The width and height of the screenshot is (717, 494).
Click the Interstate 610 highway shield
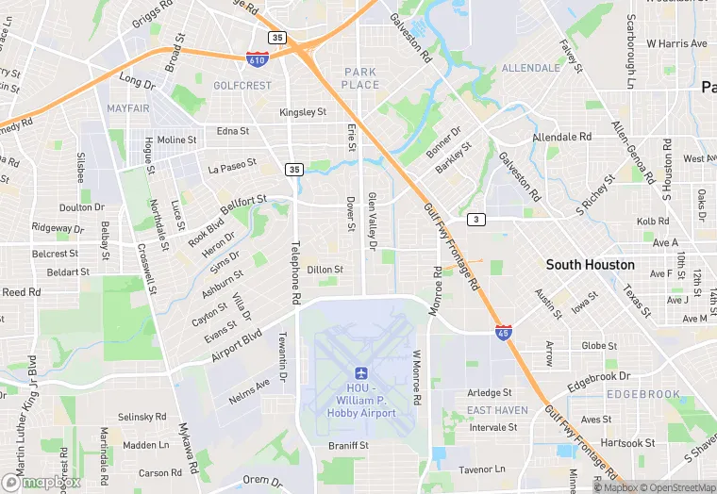(256, 58)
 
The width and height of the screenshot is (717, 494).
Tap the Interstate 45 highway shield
(504, 332)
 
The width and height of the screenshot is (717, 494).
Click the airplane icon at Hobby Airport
(360, 375)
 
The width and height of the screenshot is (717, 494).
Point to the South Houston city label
(590, 265)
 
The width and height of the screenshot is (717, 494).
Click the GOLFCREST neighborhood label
(242, 86)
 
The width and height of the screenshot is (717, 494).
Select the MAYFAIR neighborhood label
(128, 108)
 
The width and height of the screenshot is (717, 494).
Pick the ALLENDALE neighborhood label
(530, 69)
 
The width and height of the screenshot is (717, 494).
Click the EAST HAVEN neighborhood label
(497, 410)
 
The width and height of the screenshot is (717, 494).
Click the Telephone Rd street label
(295, 271)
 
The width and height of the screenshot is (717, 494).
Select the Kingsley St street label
(303, 112)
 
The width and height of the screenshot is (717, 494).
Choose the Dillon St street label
(325, 270)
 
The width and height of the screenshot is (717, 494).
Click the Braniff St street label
(348, 445)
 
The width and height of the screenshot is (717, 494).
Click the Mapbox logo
(42, 481)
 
